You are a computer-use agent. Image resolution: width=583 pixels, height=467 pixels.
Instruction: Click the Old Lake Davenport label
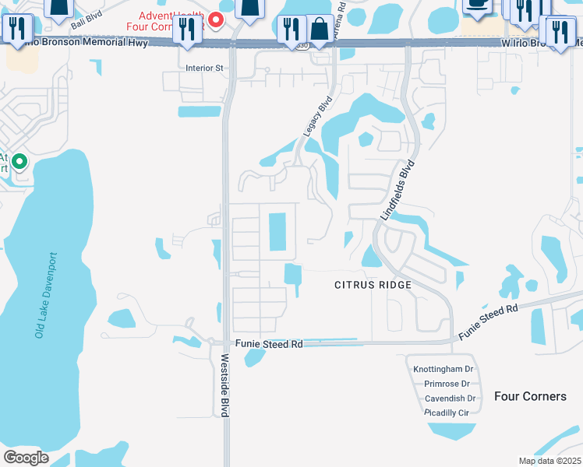[45, 294]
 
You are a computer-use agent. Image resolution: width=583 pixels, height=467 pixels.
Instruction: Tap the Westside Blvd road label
[224, 386]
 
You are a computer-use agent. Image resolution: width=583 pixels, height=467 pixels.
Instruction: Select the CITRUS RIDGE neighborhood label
[373, 286]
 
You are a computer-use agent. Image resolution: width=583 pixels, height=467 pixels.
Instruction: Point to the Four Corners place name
[530, 396]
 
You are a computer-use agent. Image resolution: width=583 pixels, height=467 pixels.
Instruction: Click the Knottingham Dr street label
[441, 369]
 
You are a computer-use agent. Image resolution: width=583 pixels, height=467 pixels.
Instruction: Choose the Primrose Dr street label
[447, 384]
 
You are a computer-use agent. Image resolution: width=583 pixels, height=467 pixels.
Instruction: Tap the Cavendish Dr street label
[449, 399]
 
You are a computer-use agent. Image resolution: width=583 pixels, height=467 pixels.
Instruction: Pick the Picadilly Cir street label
[447, 413]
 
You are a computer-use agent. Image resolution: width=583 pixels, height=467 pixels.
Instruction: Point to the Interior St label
[204, 68]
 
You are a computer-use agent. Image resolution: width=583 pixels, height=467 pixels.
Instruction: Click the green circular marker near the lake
[19, 163]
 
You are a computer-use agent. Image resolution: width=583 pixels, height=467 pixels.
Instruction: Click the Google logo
[26, 457]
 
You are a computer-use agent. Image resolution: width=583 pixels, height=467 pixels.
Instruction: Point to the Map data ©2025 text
[549, 461]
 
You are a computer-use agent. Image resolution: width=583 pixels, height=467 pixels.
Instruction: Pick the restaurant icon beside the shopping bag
[293, 30]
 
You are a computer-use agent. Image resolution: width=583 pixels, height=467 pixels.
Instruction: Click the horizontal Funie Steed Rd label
[268, 344]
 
